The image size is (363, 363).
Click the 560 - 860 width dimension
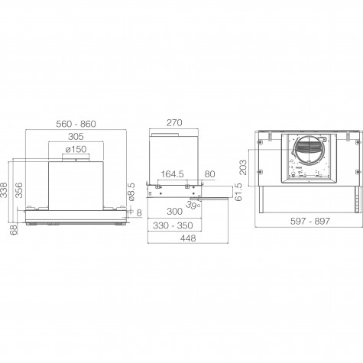[x=76, y=124]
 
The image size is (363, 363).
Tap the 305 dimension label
[x=76, y=137]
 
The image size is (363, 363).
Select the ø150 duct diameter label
[x=76, y=149]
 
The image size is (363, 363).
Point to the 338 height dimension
[x=4, y=190]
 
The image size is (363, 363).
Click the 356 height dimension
[x=19, y=190]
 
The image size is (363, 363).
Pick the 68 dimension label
[x=14, y=229]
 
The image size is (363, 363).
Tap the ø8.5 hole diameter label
[x=131, y=192]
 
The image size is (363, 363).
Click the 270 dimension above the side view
[x=174, y=123]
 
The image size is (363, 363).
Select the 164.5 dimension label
[x=172, y=174]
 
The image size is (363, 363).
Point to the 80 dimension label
[x=209, y=174]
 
